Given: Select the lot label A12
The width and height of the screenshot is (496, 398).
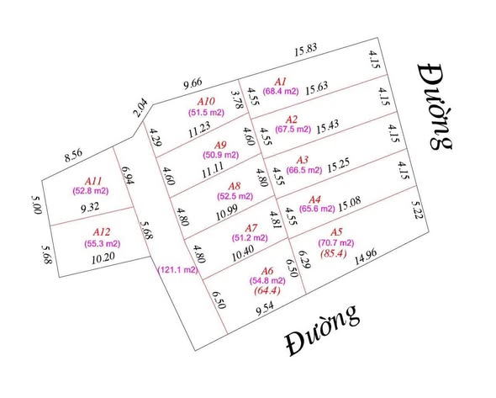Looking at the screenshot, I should [102, 230].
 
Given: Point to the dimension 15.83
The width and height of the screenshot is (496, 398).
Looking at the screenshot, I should [306, 51].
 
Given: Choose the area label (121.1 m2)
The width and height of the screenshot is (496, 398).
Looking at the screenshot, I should [177, 270].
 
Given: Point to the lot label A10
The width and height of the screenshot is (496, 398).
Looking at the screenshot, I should [203, 103].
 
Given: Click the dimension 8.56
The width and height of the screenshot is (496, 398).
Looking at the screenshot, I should [77, 156].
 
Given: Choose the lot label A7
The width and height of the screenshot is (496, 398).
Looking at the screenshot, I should [251, 228].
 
